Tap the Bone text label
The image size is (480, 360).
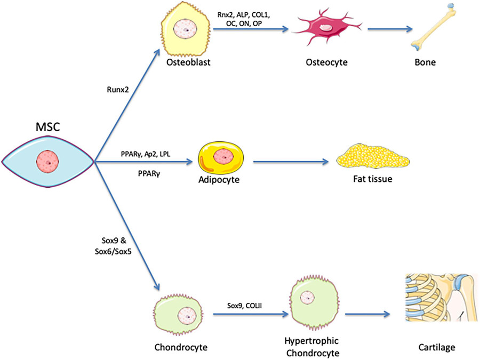coord(425,62)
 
